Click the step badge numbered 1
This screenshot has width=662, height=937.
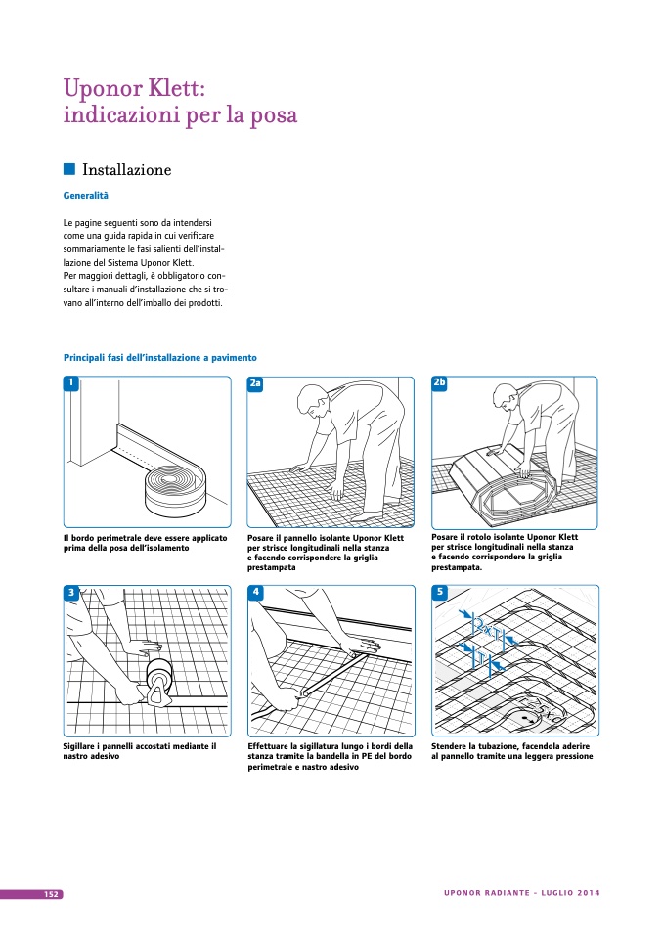click(x=70, y=382)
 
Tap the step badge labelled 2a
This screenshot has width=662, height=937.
click(x=255, y=383)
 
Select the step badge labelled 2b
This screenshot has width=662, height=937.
click(x=439, y=382)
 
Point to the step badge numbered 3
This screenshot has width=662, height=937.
click(x=70, y=592)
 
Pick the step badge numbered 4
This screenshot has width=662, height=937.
click(x=255, y=592)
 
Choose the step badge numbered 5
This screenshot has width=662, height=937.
click(x=439, y=592)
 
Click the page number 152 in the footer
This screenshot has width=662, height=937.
click(x=52, y=894)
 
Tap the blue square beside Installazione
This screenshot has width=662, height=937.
click(x=69, y=169)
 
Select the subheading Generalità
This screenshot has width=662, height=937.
click(x=85, y=196)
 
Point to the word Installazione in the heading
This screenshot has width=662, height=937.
click(x=127, y=170)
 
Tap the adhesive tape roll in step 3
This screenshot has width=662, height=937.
click(x=159, y=675)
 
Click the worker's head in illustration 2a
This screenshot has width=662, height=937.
click(x=310, y=398)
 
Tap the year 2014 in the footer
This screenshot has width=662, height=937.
click(x=589, y=894)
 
